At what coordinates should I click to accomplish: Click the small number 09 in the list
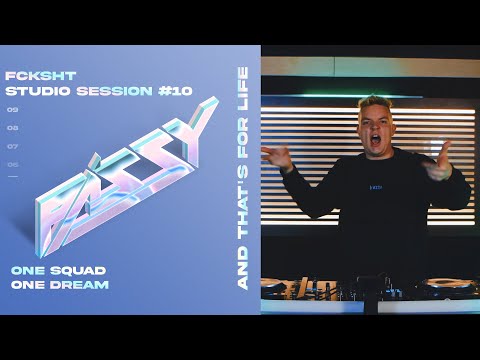click(12, 109)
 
